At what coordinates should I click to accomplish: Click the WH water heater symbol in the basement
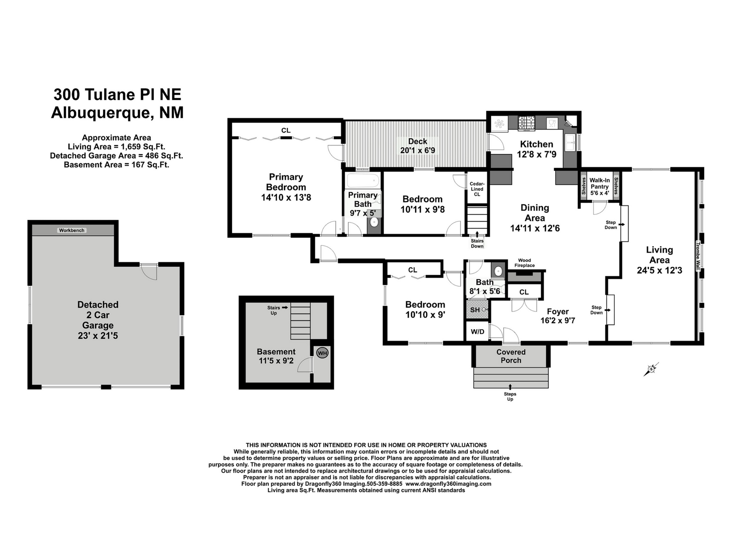pyautogui.click(x=322, y=353)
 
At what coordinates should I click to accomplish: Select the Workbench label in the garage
pyautogui.click(x=71, y=230)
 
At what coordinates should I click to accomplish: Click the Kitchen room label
pyautogui.click(x=536, y=144)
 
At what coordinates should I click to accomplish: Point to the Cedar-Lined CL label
pyautogui.click(x=477, y=189)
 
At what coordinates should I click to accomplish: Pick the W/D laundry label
pyautogui.click(x=477, y=332)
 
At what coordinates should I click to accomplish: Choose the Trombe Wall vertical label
pyautogui.click(x=698, y=256)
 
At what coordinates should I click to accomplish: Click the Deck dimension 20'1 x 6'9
pyautogui.click(x=418, y=151)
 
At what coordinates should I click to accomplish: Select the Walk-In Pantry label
pyautogui.click(x=600, y=183)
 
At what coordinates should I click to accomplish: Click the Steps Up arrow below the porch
pyautogui.click(x=510, y=386)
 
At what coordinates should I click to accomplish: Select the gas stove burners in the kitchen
pyautogui.click(x=526, y=123)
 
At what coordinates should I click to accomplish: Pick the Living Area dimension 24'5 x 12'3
pyautogui.click(x=660, y=270)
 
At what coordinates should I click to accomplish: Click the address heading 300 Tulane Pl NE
pyautogui.click(x=117, y=95)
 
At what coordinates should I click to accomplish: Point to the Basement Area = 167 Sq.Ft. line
pyautogui.click(x=116, y=165)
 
